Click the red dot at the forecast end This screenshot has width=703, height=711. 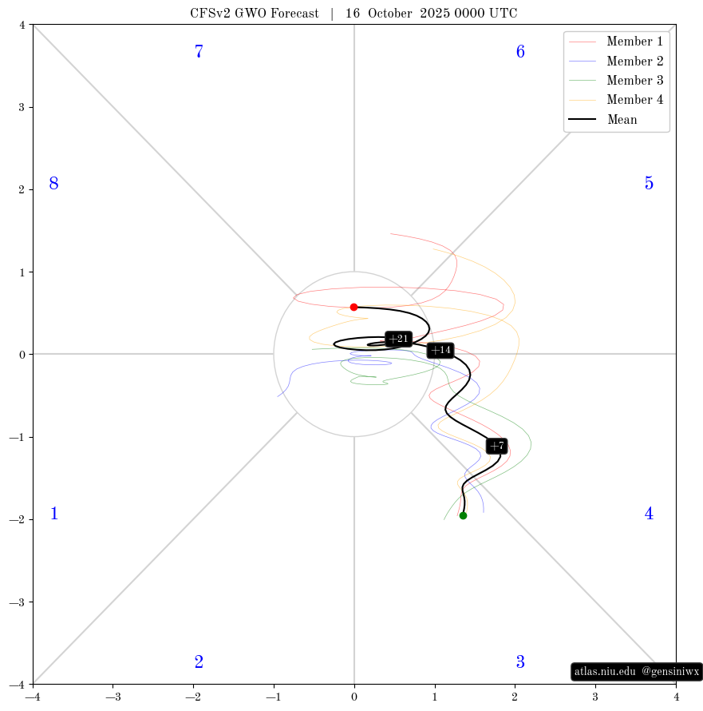[353, 307]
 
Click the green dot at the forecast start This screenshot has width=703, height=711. [463, 515]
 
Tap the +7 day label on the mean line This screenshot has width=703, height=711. [496, 446]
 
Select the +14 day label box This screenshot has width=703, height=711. [440, 350]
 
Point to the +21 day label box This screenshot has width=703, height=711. [398, 339]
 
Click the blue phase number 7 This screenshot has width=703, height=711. [199, 52]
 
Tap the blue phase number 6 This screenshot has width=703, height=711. [520, 52]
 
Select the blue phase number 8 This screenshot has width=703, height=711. [53, 184]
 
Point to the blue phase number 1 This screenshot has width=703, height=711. [53, 514]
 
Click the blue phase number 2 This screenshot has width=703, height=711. [199, 662]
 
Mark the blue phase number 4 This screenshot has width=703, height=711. [649, 514]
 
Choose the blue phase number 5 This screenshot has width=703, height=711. [649, 184]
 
